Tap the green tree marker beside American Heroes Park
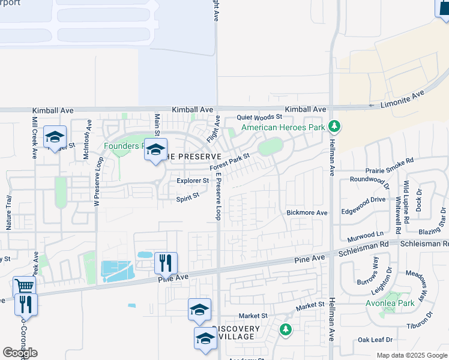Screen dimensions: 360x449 pos(336,127)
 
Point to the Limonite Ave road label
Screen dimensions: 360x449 pos(403,99)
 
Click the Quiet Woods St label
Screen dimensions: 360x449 pos(259,117)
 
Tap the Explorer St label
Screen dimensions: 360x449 pos(192,180)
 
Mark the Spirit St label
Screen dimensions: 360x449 pos(187,197)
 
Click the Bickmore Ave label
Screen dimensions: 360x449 pos(307,212)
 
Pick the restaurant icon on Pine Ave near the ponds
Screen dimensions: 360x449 pos(166,262)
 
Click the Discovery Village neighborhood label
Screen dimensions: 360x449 pos(237,333)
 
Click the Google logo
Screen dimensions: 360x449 pos(20,353)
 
